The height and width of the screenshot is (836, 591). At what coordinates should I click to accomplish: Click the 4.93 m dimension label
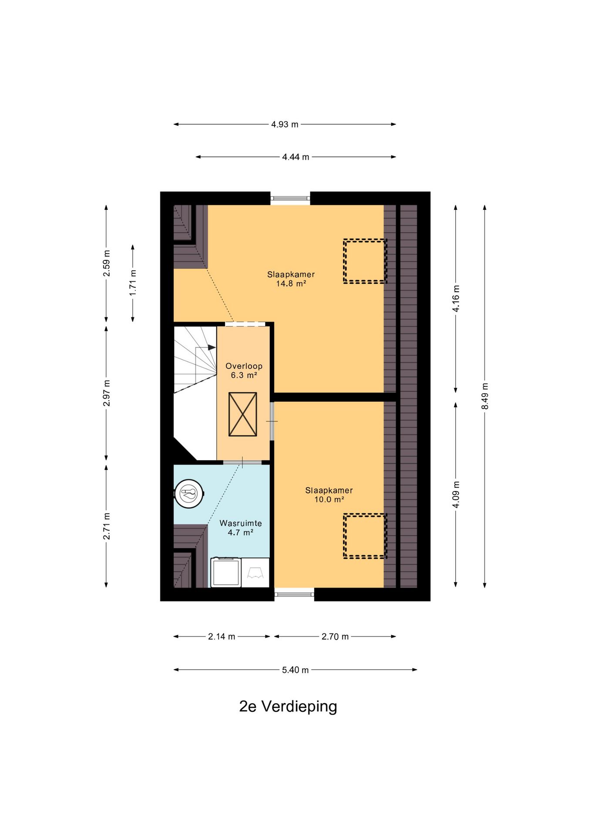click(x=285, y=125)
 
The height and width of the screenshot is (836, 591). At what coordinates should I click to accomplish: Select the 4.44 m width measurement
click(x=295, y=157)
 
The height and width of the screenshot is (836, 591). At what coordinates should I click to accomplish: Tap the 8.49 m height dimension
click(x=485, y=396)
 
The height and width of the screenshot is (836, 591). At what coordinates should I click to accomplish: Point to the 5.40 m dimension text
click(x=295, y=670)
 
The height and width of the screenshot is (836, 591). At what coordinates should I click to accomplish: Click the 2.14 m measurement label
click(x=222, y=637)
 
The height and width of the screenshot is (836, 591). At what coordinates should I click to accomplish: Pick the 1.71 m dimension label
click(x=133, y=283)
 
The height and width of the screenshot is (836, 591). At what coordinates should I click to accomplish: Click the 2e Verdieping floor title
click(x=288, y=706)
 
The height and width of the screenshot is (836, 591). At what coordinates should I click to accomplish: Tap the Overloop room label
click(x=244, y=366)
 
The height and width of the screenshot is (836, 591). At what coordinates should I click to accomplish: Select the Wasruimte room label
click(x=241, y=523)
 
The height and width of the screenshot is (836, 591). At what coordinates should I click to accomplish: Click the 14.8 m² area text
click(x=291, y=283)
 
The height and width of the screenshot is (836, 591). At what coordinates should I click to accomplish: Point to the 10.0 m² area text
click(x=329, y=499)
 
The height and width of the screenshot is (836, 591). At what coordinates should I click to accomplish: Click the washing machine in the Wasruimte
click(x=226, y=572)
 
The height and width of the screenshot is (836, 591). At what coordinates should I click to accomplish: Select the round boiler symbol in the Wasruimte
click(x=189, y=494)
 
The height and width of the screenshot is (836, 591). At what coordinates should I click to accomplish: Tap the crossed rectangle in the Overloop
click(x=242, y=414)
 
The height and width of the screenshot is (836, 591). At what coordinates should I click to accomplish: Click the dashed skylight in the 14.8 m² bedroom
click(x=365, y=261)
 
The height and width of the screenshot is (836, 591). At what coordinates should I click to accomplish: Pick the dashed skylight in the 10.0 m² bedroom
click(x=365, y=536)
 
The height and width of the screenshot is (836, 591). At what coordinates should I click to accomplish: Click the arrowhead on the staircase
click(x=212, y=347)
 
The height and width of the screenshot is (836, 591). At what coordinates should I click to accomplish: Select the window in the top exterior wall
click(x=290, y=198)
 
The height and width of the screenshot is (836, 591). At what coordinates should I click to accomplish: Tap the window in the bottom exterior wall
click(x=294, y=594)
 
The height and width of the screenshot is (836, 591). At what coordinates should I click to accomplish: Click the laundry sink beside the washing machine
click(x=255, y=573)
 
